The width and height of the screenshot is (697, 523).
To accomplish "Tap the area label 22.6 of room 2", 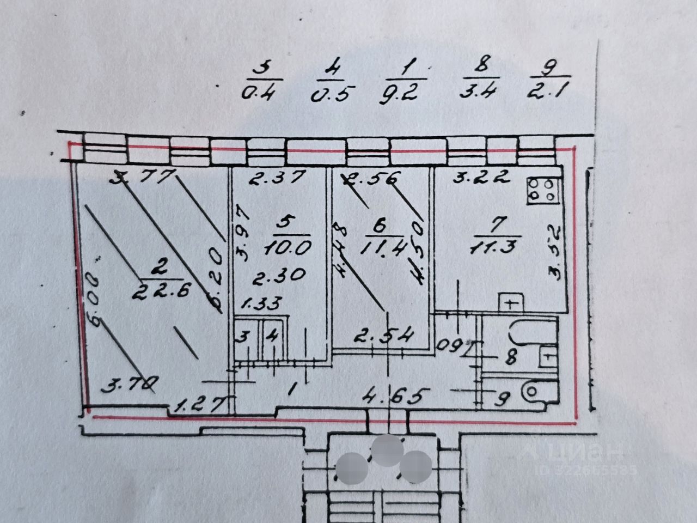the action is click(x=161, y=291).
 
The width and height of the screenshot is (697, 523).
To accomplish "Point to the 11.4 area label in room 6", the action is click(x=383, y=248).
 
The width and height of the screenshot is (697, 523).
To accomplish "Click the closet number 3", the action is click(x=244, y=337).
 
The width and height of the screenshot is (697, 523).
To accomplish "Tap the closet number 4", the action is click(x=272, y=337).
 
